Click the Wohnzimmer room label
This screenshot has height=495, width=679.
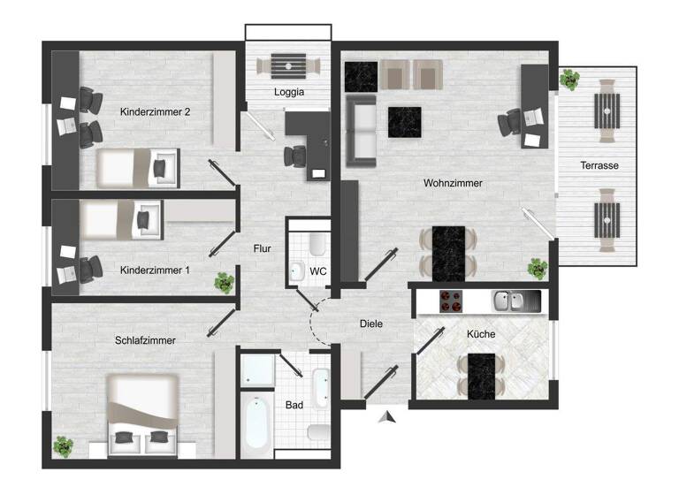click(453, 184)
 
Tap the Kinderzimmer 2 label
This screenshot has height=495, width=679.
click(156, 111)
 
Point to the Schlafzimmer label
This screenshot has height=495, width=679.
click(145, 339)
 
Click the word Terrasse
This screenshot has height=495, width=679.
click(599, 165)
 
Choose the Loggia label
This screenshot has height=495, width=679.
click(289, 92)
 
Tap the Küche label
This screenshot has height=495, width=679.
click(482, 334)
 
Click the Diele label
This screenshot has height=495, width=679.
click(371, 324)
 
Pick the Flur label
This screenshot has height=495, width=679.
click(262, 249)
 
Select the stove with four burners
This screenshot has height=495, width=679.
click(451, 301)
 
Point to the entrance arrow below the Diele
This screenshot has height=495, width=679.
click(384, 417)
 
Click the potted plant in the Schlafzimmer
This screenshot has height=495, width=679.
click(63, 446)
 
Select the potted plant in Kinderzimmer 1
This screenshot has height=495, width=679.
click(223, 283)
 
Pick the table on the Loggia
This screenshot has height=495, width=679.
click(288, 65)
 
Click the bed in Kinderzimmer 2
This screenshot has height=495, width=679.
click(137, 166)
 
